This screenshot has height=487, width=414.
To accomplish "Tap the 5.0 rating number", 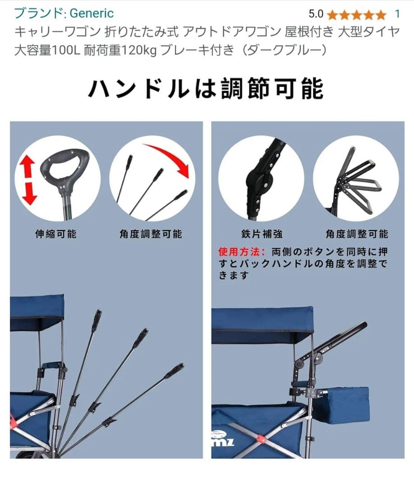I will [316, 14].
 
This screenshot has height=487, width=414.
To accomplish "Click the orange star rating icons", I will [356, 15].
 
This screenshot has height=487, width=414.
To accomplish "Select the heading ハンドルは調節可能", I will [206, 87].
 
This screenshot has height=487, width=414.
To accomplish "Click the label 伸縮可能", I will [55, 234].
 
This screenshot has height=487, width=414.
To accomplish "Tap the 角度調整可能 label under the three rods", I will [151, 234].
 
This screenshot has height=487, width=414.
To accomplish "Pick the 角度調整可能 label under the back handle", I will [357, 234].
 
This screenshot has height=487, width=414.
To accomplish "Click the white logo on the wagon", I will [222, 439].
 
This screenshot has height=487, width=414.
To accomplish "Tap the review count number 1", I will [397, 14].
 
